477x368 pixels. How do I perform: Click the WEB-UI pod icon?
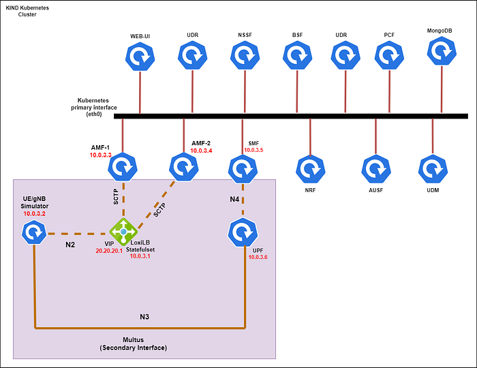(x=140, y=57)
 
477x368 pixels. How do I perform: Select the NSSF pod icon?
(x=245, y=55)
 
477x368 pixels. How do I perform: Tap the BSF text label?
(x=297, y=35)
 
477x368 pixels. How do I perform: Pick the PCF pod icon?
(x=389, y=55)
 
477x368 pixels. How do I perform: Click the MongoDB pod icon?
(x=442, y=51)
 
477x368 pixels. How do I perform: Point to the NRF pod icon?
(x=310, y=169)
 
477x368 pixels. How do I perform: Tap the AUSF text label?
(x=375, y=190)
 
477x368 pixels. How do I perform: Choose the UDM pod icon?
(x=433, y=169)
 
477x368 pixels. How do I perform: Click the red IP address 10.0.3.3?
(x=100, y=155)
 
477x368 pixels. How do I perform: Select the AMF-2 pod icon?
(x=184, y=167)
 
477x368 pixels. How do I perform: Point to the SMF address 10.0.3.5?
(x=253, y=150)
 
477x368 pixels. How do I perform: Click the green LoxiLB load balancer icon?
(x=123, y=232)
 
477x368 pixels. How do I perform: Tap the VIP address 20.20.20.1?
(x=109, y=251)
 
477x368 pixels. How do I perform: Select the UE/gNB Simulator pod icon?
(x=34, y=232)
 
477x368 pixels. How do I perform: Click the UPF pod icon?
(x=243, y=232)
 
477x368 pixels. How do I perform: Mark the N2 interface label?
(x=70, y=245)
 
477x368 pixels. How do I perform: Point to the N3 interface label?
(x=144, y=317)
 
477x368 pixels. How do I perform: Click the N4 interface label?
(x=234, y=199)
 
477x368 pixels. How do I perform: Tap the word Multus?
(x=134, y=339)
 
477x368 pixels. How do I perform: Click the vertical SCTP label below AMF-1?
(x=116, y=197)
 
